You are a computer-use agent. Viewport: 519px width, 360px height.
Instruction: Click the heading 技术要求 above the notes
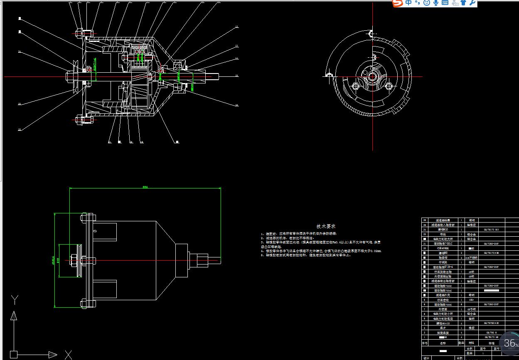point(326,226)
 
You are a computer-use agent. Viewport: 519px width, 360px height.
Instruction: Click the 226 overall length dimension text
point(145,187)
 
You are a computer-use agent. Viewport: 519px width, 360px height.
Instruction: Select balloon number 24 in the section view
point(20,52)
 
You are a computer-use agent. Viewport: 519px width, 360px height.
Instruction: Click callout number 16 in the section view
point(236,105)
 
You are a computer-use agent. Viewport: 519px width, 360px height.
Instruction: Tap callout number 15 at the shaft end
point(236,76)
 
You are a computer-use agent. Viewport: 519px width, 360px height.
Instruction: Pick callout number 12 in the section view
point(236,27)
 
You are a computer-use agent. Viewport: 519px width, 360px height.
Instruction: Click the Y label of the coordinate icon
point(15,300)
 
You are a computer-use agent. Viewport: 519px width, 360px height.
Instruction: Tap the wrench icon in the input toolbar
point(472,3)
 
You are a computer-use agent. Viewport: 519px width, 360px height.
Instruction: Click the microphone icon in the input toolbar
point(435,3)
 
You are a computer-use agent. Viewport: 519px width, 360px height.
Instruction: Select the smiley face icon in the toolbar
point(426,3)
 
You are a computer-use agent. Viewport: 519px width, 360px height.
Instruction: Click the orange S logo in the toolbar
point(398,3)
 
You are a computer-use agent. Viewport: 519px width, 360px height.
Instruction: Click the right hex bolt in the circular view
point(389,86)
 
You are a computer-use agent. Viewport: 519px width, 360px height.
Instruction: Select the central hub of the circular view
point(372,76)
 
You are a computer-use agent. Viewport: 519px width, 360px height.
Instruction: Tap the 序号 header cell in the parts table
point(425,343)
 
